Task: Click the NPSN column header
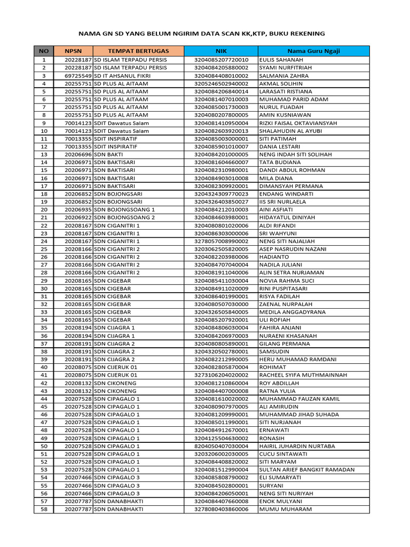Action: [73, 51]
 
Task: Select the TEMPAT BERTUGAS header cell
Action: [138, 51]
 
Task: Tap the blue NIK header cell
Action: [221, 51]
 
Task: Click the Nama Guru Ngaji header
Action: [313, 51]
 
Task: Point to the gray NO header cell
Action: [44, 51]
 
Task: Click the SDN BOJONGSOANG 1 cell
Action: [124, 209]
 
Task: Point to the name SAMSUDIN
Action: [275, 351]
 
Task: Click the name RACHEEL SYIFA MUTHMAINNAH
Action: [303, 375]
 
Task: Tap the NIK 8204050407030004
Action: [221, 446]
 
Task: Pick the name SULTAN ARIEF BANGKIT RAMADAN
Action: [306, 470]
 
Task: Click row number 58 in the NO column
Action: [44, 509]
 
